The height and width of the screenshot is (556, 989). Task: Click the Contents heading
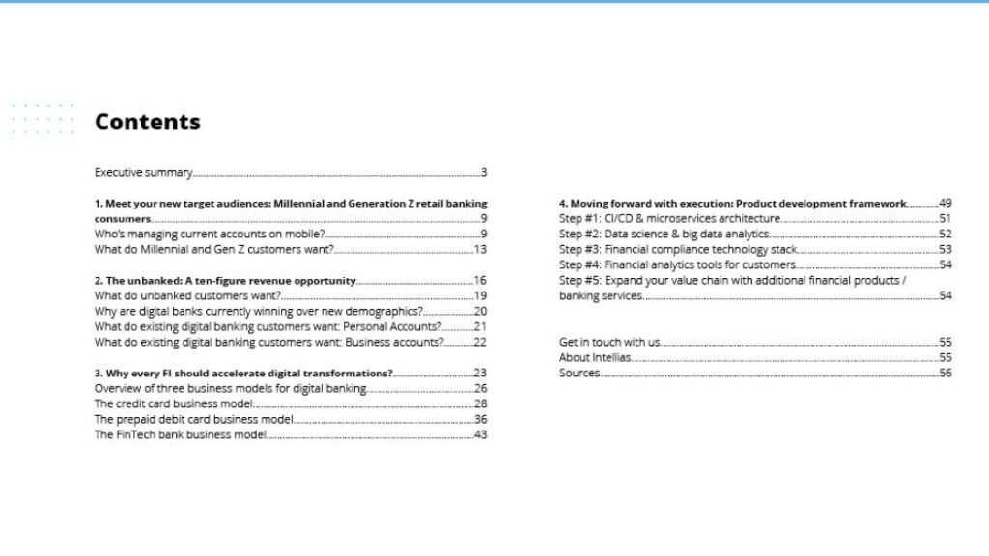[x=147, y=122]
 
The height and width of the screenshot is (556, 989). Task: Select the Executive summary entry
[x=143, y=173]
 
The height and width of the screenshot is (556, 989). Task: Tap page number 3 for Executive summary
[x=484, y=173]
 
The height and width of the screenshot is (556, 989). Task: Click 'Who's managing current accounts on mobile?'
[x=209, y=235]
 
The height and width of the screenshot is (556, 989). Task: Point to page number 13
[x=480, y=250]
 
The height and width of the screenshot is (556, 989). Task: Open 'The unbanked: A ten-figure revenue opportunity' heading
[x=225, y=281]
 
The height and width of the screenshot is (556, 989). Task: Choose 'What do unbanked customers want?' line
[x=187, y=296]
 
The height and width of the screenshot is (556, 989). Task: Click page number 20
[x=480, y=312]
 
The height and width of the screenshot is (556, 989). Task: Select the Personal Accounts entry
[x=268, y=327]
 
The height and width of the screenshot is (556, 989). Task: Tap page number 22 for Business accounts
[x=480, y=343]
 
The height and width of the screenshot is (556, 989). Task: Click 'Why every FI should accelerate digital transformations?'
[x=243, y=374]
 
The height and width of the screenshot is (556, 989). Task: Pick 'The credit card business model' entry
[x=173, y=404]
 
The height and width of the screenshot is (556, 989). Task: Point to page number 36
[x=480, y=420]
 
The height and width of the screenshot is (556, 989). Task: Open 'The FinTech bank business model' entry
[x=180, y=435]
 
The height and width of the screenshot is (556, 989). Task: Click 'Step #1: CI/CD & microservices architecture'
[x=669, y=219]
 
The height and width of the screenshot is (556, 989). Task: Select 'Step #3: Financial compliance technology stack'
[x=678, y=250]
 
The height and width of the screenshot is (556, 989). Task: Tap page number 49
[x=946, y=204]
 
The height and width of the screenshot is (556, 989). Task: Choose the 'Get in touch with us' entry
[x=609, y=343]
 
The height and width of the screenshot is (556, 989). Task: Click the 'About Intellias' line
[x=595, y=358]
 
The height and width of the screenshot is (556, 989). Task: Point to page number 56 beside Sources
[x=946, y=374]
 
